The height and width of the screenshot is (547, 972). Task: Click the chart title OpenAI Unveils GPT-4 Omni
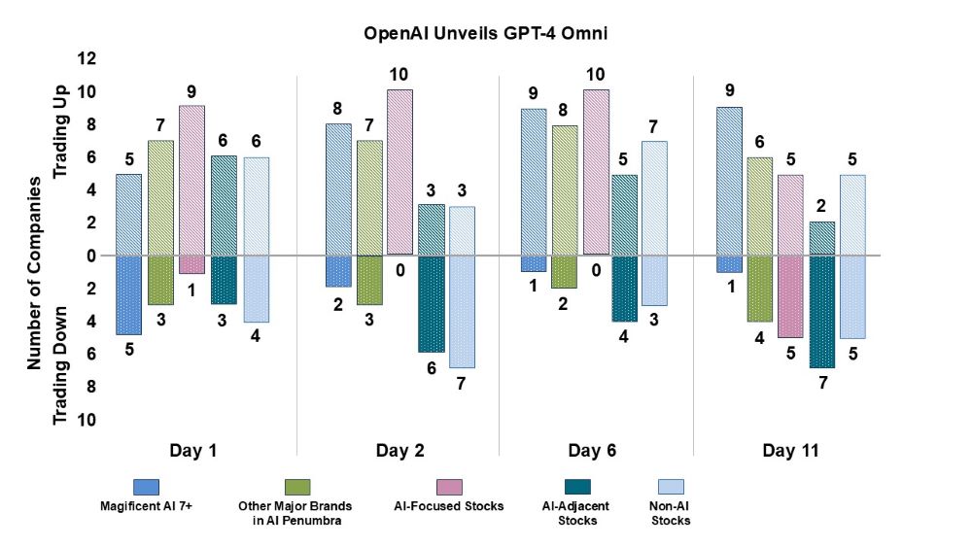point(485,32)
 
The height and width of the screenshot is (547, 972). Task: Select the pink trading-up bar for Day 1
point(192,180)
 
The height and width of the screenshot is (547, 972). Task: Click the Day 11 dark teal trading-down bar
point(822,311)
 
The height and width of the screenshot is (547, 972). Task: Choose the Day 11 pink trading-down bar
point(789,296)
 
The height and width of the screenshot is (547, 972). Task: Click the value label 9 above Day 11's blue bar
point(728,90)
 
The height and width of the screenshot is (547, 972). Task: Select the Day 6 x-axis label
point(592,451)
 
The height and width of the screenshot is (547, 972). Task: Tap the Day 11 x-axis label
point(790,451)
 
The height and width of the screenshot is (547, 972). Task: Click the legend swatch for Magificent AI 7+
point(146,486)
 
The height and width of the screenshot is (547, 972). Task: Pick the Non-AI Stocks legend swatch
point(671,486)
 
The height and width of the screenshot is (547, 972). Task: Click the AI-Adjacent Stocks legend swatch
point(571,486)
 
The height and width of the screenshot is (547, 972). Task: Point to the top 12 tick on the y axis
point(87,59)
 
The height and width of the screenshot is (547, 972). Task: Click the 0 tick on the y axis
point(90,256)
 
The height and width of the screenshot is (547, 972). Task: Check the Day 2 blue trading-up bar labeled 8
point(338,189)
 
